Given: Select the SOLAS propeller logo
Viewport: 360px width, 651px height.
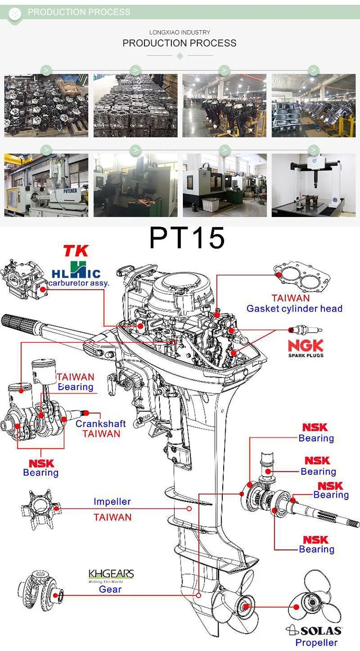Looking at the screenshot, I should point(314,630).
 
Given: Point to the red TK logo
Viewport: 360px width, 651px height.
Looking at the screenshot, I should point(76,251).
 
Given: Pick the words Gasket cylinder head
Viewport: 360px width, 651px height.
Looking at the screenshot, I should point(294,309).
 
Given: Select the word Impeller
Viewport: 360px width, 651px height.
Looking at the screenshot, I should point(112,502).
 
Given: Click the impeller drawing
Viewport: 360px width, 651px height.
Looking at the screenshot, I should point(41,509).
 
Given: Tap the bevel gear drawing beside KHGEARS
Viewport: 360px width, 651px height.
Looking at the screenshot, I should point(40,591).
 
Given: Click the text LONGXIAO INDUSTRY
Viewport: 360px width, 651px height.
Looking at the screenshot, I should point(180,32).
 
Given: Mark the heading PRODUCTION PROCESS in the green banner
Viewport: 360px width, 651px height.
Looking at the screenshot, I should point(79,12).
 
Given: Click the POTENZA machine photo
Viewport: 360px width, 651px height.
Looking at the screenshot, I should point(46,185).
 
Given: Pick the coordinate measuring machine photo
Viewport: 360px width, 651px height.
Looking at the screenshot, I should point(313,185).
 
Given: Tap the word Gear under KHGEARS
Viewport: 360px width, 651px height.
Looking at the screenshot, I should point(110,590).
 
